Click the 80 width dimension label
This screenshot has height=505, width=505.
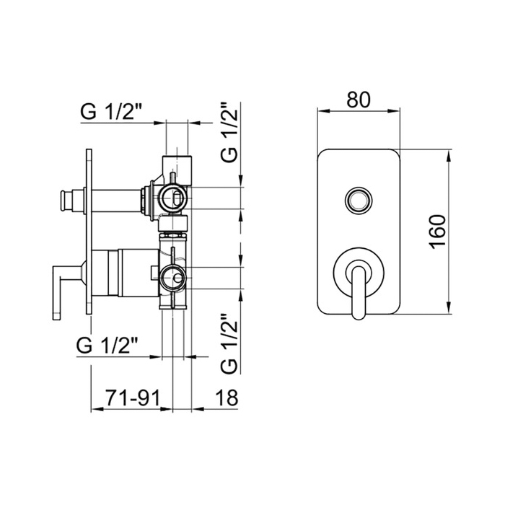click(x=359, y=100)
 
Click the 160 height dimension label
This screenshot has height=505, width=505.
click(x=437, y=232)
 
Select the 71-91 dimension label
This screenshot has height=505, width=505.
click(x=133, y=398)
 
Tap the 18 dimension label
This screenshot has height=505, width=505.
click(x=226, y=398)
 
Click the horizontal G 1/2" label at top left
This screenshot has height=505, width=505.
click(x=111, y=112)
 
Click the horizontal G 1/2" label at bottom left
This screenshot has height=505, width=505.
click(x=107, y=346)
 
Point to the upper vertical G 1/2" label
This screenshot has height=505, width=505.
click(x=229, y=132)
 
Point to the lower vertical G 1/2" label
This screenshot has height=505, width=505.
click(x=229, y=343)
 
